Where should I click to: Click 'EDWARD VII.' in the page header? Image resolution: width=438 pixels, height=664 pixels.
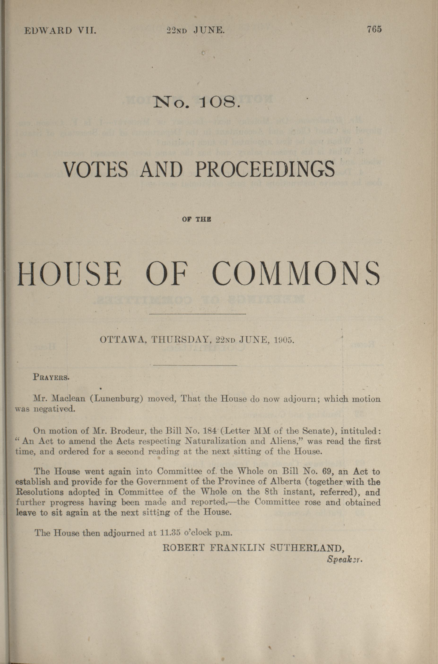(60, 30)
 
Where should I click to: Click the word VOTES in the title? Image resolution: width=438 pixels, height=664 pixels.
(96, 169)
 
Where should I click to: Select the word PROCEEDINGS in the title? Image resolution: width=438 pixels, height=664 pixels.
(265, 169)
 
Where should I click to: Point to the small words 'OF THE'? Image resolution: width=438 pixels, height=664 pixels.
(197, 220)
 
